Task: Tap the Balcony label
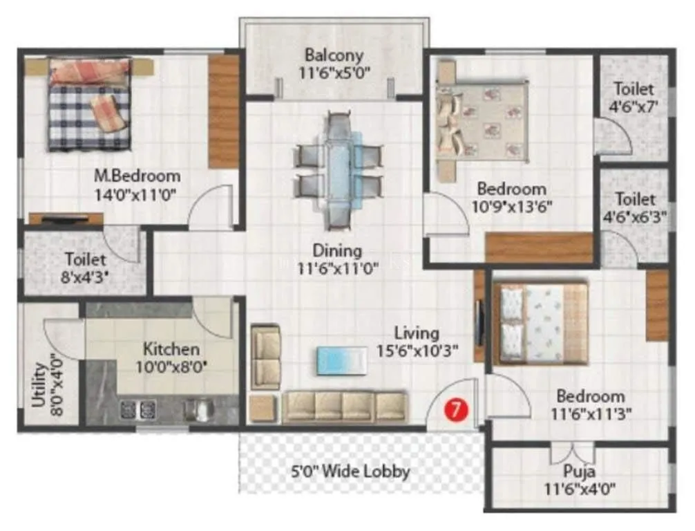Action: (x=334, y=62)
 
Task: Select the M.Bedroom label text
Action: (x=137, y=185)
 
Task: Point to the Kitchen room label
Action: (x=171, y=357)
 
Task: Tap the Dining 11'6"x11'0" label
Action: (x=336, y=259)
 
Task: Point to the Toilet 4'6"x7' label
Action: (x=634, y=97)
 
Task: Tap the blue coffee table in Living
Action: (x=340, y=360)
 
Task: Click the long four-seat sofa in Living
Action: (x=345, y=407)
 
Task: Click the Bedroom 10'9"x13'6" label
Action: (x=512, y=197)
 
